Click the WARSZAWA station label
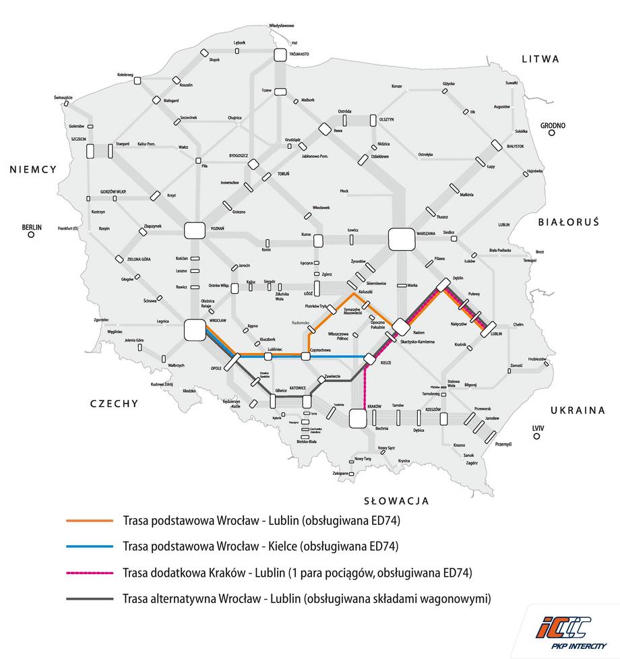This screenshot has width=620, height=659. point(427,232)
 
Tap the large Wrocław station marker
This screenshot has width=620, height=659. point(194,330)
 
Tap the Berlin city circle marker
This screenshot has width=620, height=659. point(31,237)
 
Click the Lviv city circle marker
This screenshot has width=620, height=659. point(537,437)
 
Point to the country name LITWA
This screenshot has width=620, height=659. point(540,59)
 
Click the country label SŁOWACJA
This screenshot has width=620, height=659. point(396,501)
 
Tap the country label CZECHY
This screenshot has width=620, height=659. point(115,404)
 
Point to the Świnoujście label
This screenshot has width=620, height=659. point(63,97)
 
